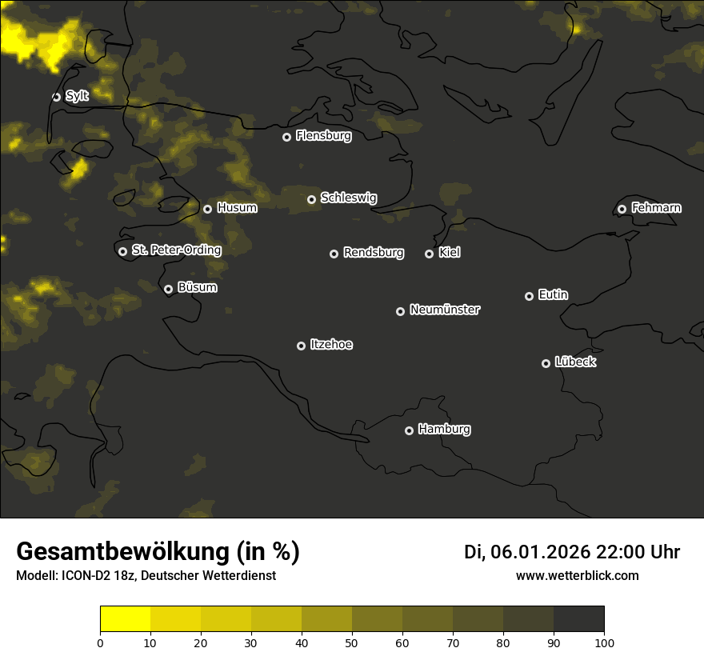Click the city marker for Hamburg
(409, 430)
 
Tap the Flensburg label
(323, 136)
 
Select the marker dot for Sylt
(56, 97)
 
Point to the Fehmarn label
(656, 208)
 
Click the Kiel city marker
(429, 254)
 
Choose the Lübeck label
(575, 362)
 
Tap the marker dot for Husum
(207, 209)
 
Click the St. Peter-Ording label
(176, 250)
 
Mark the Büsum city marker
(168, 290)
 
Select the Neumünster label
(445, 310)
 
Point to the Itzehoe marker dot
(301, 346)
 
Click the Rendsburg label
(374, 253)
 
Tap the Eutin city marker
(529, 296)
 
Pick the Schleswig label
(349, 198)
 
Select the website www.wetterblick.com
(577, 576)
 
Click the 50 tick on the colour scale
(352, 642)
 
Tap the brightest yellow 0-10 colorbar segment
(126, 618)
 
